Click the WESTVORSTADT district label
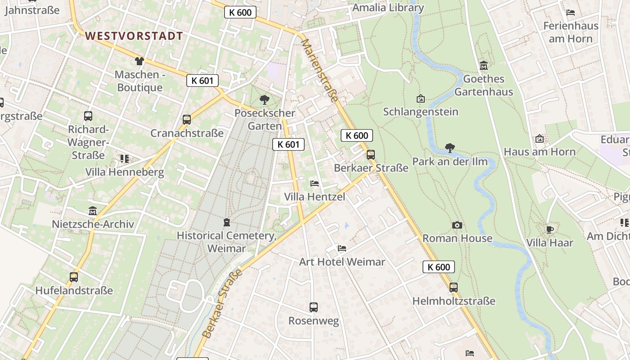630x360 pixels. tap(134, 36)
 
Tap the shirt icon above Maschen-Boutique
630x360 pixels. tap(139, 61)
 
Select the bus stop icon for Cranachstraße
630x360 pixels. tap(187, 120)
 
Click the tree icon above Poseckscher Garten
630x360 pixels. tap(265, 99)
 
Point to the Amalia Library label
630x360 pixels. tap(388, 8)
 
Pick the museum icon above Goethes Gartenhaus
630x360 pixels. tap(484, 66)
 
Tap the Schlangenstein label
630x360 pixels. tap(420, 112)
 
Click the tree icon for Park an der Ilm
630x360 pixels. tap(450, 148)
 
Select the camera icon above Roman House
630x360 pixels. tap(457, 225)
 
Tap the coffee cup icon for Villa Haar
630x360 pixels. tap(550, 229)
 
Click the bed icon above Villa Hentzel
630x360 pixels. tap(315, 184)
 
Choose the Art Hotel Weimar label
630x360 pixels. tap(342, 262)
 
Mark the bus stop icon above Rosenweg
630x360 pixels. tap(314, 307)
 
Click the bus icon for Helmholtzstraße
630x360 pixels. tap(454, 287)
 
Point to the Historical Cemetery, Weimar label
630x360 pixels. tap(226, 242)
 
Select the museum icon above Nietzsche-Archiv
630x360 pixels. tap(93, 211)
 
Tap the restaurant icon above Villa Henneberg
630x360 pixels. tap(124, 158)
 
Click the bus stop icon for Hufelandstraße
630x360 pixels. tap(74, 277)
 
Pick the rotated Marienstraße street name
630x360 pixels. tap(319, 70)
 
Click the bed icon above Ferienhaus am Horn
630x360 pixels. tap(571, 13)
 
